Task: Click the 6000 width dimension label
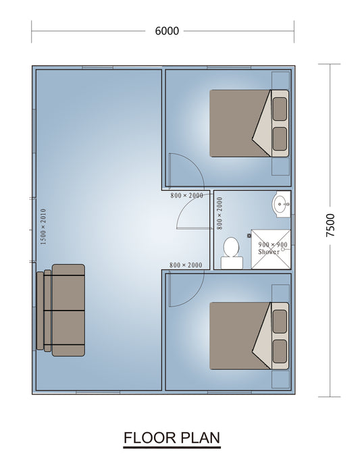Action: click(x=167, y=31)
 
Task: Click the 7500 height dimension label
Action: click(x=330, y=225)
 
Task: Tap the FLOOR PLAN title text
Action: click(x=172, y=438)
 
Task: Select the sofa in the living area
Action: click(x=61, y=310)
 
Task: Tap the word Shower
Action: click(x=269, y=252)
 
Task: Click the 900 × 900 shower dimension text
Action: click(x=273, y=244)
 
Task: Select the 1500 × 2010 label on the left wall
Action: click(x=43, y=226)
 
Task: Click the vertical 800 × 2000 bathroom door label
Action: click(x=220, y=213)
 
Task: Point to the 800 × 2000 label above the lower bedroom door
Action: click(x=186, y=265)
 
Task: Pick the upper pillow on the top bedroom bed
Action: click(x=280, y=109)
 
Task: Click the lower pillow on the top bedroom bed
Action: click(x=280, y=138)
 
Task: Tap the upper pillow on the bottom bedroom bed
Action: click(x=280, y=321)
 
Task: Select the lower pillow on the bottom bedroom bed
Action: click(x=280, y=351)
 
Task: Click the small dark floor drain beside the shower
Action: click(x=249, y=236)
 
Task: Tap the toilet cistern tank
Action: click(x=232, y=263)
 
